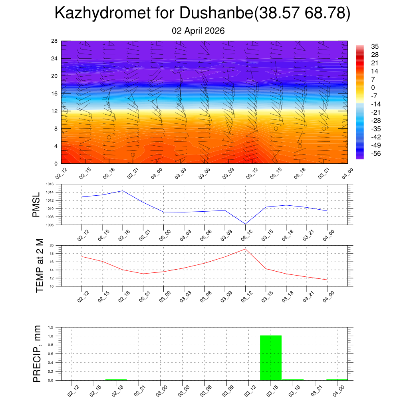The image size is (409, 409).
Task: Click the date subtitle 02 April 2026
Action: (198, 31)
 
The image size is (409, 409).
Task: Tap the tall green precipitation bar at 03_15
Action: (271, 357)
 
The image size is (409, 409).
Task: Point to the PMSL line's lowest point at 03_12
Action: (245, 224)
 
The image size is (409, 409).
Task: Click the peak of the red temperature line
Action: (245, 249)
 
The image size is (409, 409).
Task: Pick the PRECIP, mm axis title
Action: (37, 353)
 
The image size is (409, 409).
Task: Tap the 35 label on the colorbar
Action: (375, 46)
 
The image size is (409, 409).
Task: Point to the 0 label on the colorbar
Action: (373, 87)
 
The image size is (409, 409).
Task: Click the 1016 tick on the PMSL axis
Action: (50, 185)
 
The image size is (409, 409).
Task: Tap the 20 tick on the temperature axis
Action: (51, 245)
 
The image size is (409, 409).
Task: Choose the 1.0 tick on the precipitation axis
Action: (51, 336)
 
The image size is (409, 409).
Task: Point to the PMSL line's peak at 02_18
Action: (123, 191)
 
